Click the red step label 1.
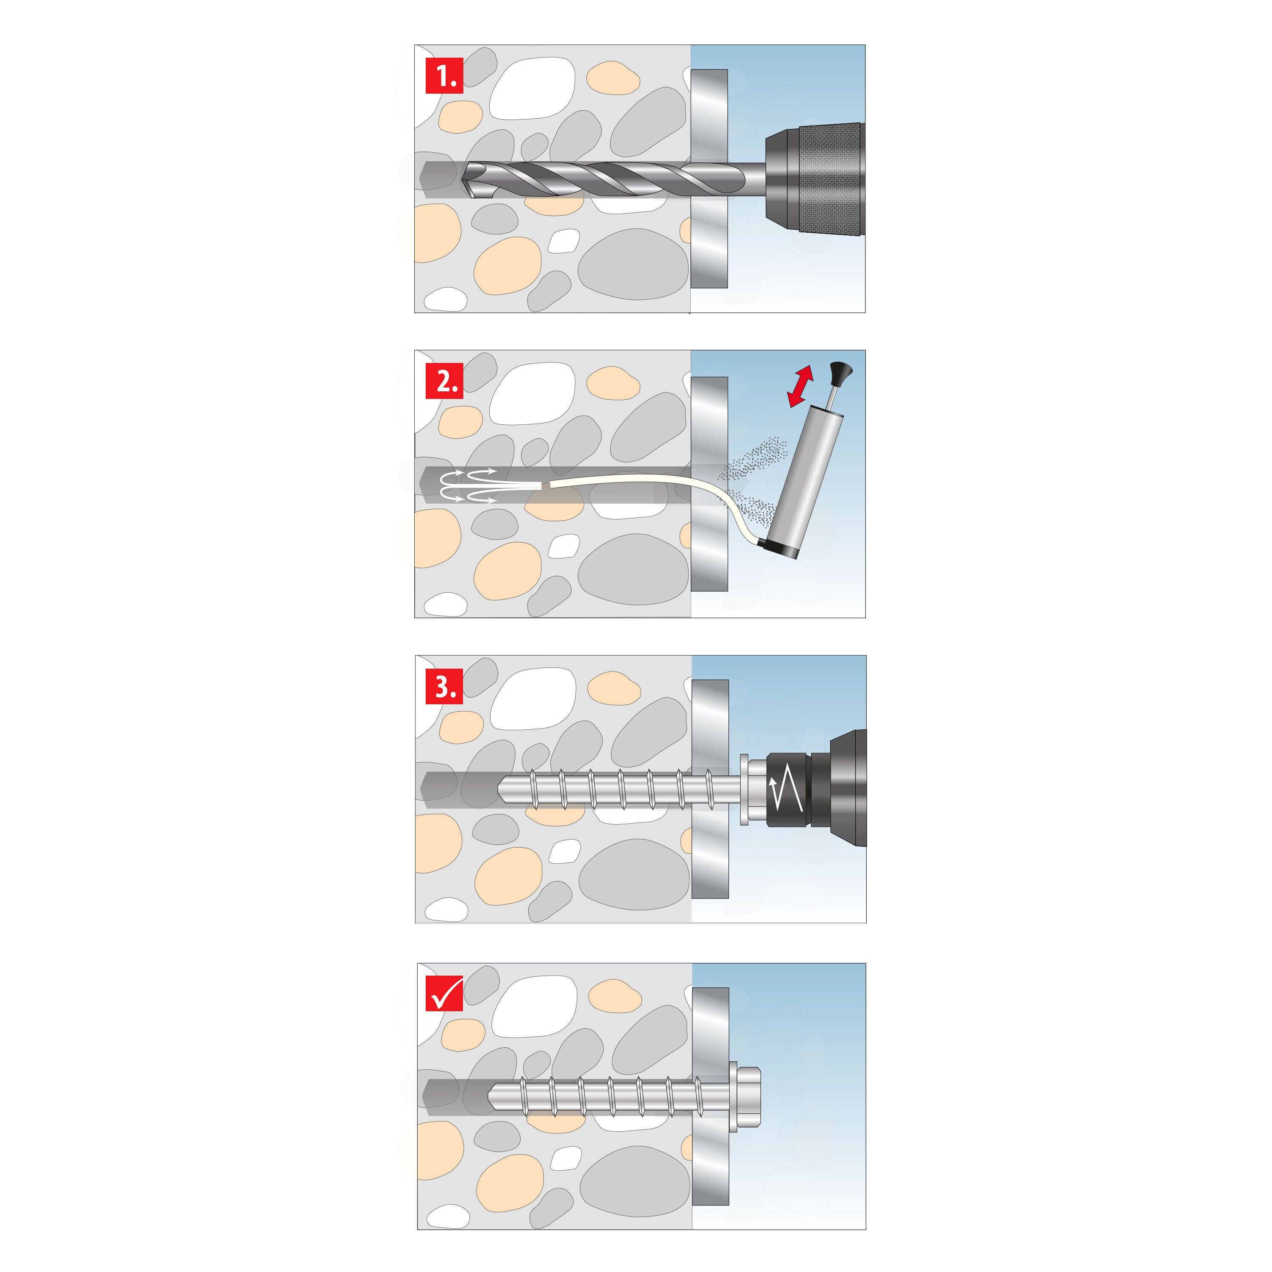tap(444, 76)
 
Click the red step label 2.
tap(444, 381)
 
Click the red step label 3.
tap(444, 686)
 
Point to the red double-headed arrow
tap(801, 386)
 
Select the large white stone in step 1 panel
tap(532, 89)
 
